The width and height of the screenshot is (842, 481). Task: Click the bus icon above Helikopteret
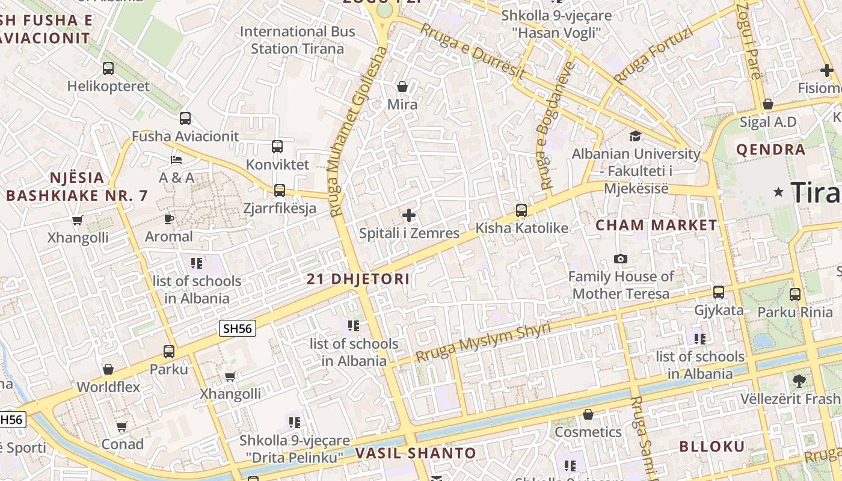[x=108, y=69]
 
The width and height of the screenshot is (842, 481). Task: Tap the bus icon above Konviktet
[x=277, y=147]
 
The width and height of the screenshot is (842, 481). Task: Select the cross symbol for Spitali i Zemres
[x=409, y=215]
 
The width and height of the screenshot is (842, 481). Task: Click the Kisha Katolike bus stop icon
[x=521, y=210]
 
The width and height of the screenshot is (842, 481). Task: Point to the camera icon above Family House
[x=621, y=259]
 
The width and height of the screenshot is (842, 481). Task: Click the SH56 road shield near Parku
[x=238, y=328]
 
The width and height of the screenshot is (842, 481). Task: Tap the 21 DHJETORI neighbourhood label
[x=358, y=279]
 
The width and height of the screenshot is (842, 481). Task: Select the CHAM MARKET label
[x=657, y=225]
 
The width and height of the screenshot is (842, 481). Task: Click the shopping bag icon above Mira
[x=402, y=87]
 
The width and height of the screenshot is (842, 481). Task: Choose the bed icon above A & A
[x=176, y=160]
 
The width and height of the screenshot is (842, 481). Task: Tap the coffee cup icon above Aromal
[x=169, y=219]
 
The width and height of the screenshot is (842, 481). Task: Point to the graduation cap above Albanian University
[x=635, y=136]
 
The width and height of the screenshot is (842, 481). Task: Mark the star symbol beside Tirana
[x=779, y=192]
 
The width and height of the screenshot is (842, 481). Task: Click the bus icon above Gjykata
[x=719, y=292]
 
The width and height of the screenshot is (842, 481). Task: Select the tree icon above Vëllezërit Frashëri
[x=799, y=381]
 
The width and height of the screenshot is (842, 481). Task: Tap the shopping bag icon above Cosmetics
[x=588, y=414]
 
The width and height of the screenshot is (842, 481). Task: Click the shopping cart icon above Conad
[x=122, y=426]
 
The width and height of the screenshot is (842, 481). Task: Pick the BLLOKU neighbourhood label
[x=712, y=446]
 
